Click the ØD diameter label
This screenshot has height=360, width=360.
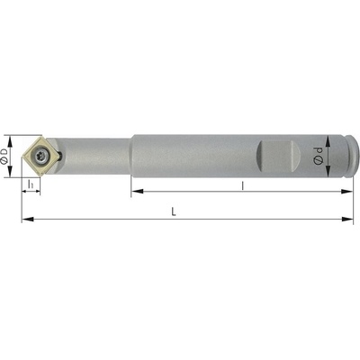pos(4,156)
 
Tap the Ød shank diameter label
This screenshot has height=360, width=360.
pos(318,156)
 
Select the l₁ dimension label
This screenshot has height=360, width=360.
pos(31,184)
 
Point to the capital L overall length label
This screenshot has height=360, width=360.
pos(174,211)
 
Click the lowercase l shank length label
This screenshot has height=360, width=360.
pos(243,186)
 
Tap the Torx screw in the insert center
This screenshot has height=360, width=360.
pos(40,156)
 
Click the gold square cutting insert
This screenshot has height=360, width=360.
pos(40,156)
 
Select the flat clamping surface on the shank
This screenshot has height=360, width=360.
pos(279,156)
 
